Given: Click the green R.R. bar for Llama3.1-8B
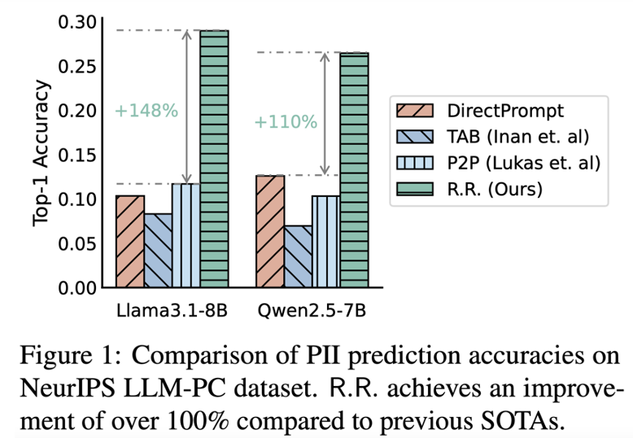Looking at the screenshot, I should point(215,159).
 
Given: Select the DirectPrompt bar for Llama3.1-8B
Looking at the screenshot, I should point(130,242).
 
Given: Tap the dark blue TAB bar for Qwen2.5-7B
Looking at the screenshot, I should point(298,257).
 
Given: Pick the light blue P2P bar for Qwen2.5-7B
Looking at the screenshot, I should point(325,242).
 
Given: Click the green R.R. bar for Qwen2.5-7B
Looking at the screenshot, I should point(354,169).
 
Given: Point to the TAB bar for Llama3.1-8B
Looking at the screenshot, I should point(159,251).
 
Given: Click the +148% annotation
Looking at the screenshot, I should point(146,110).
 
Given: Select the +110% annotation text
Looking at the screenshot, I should point(285,122).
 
